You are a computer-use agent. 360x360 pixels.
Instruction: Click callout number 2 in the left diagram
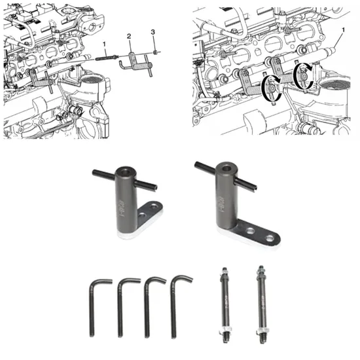pyautogui.click(x=130, y=35)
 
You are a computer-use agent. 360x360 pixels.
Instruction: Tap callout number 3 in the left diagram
pyautogui.click(x=153, y=31)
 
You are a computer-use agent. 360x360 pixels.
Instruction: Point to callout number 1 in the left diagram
pyautogui.click(x=103, y=44)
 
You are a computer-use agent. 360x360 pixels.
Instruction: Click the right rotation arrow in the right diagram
pyautogui.click(x=302, y=73)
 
